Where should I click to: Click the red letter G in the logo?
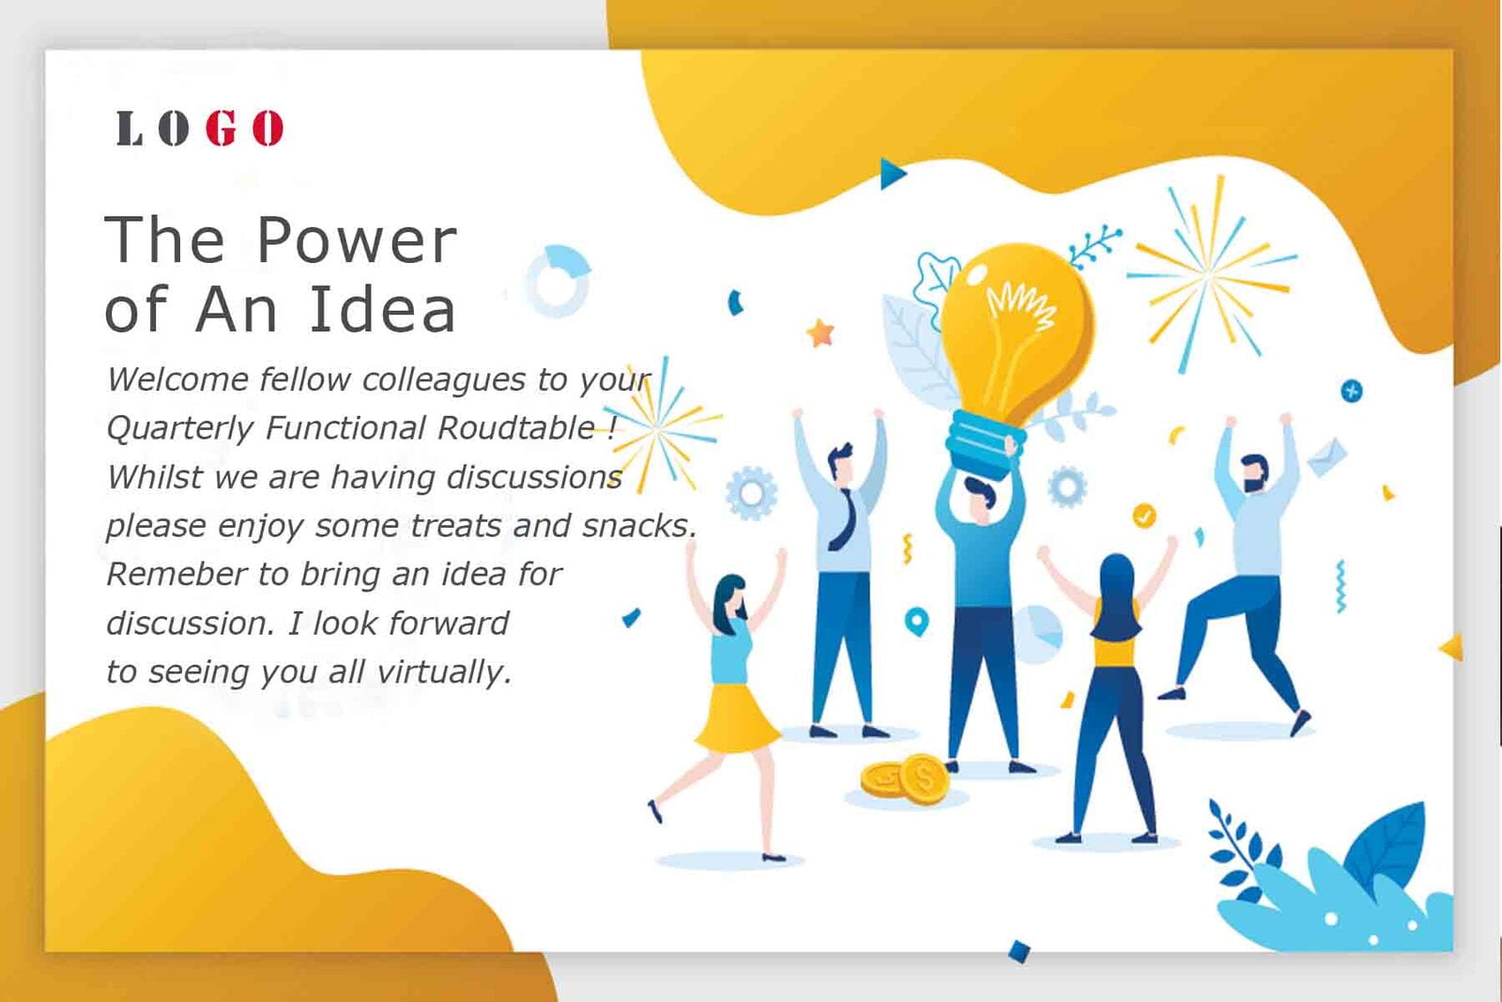coord(221,128)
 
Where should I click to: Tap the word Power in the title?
coord(357,240)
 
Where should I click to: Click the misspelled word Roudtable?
coord(515,428)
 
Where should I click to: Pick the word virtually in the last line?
coord(444,672)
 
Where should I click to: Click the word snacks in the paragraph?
coord(639,526)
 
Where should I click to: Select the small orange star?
coord(820,332)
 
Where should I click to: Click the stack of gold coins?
coord(905,778)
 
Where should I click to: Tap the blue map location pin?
coord(916,622)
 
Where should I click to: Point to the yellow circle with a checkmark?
coord(1144,516)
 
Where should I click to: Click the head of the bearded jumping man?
coord(1254,473)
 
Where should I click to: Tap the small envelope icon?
coord(1327,456)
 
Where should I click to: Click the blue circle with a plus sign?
coord(1351,391)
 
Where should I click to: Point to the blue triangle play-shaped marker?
coord(893,174)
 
